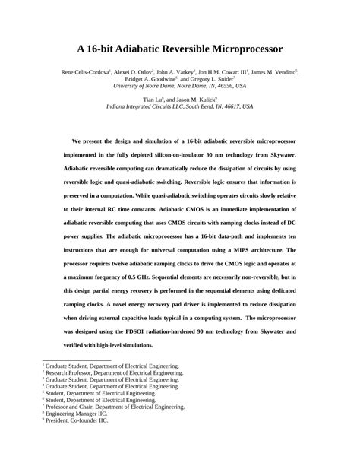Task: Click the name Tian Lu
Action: point(151,100)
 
